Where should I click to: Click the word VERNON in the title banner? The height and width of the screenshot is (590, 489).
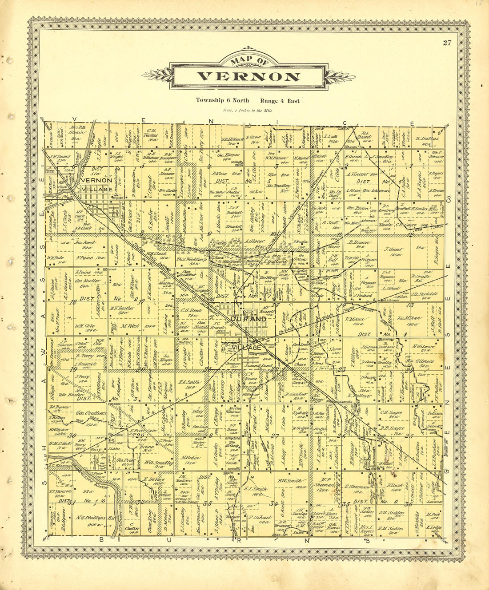(x=248, y=76)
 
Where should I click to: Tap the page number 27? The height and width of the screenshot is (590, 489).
(x=447, y=43)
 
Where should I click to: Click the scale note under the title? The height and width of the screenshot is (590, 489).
(x=248, y=110)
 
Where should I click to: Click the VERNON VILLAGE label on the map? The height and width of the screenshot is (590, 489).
(x=96, y=185)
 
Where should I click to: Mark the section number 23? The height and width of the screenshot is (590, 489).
(x=342, y=369)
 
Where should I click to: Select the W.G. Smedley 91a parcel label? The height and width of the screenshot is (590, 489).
(x=159, y=462)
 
